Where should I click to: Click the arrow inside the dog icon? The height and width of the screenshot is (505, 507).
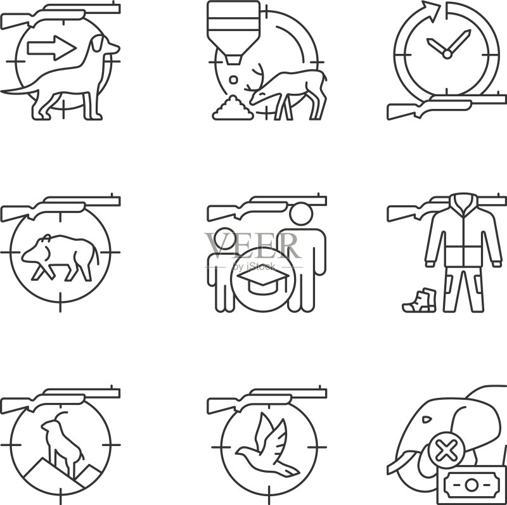pyautogui.click(x=52, y=48)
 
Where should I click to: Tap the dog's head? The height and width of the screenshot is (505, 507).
pyautogui.click(x=104, y=45)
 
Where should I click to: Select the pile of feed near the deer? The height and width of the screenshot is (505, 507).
pyautogui.click(x=233, y=108)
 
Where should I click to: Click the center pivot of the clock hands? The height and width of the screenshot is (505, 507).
pyautogui.click(x=447, y=54)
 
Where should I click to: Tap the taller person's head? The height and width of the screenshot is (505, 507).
pyautogui.click(x=301, y=214)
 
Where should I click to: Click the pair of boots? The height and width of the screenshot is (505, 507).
pyautogui.click(x=420, y=300)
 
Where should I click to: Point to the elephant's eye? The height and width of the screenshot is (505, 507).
pyautogui.click(x=427, y=419)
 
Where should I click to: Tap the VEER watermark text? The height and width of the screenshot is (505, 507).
pyautogui.click(x=253, y=245)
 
